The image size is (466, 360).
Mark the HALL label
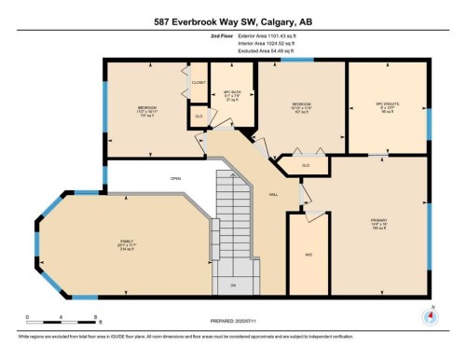coord(274,194)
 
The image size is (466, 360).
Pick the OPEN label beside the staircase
coord(175,178)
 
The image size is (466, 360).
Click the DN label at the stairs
coord(234,284)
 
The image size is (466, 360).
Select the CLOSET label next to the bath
coord(199,83)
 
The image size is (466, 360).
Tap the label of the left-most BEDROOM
coord(146,107)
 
